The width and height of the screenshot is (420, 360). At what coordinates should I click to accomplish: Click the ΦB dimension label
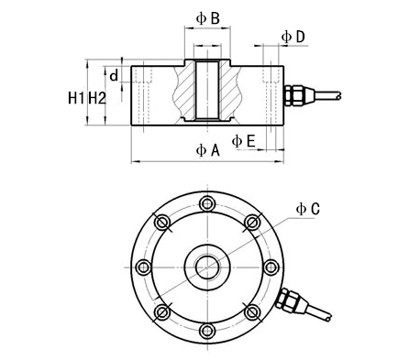[x=207, y=18]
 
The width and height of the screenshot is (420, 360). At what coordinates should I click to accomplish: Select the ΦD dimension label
[x=293, y=37]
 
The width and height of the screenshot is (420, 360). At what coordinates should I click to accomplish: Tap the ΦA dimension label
[x=207, y=150]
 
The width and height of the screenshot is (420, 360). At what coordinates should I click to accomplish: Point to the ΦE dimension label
[x=243, y=141]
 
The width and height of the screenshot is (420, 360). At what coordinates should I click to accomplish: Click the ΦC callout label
[x=308, y=209]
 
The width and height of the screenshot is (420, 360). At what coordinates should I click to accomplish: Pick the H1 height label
[x=76, y=98]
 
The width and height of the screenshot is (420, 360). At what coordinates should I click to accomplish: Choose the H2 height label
[x=97, y=98]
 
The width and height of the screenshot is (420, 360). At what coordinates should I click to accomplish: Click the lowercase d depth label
[x=114, y=75]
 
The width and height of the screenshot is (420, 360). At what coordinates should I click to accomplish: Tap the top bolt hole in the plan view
[x=207, y=203]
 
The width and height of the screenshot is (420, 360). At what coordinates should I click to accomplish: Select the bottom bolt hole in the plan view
[x=207, y=330]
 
